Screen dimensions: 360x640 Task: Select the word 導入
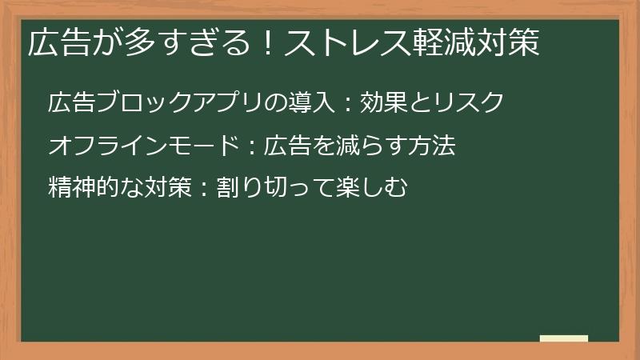(311, 102)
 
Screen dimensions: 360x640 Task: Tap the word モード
(194, 146)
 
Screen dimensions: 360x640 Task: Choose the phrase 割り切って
(274, 189)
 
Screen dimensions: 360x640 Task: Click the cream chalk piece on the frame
(564, 338)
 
